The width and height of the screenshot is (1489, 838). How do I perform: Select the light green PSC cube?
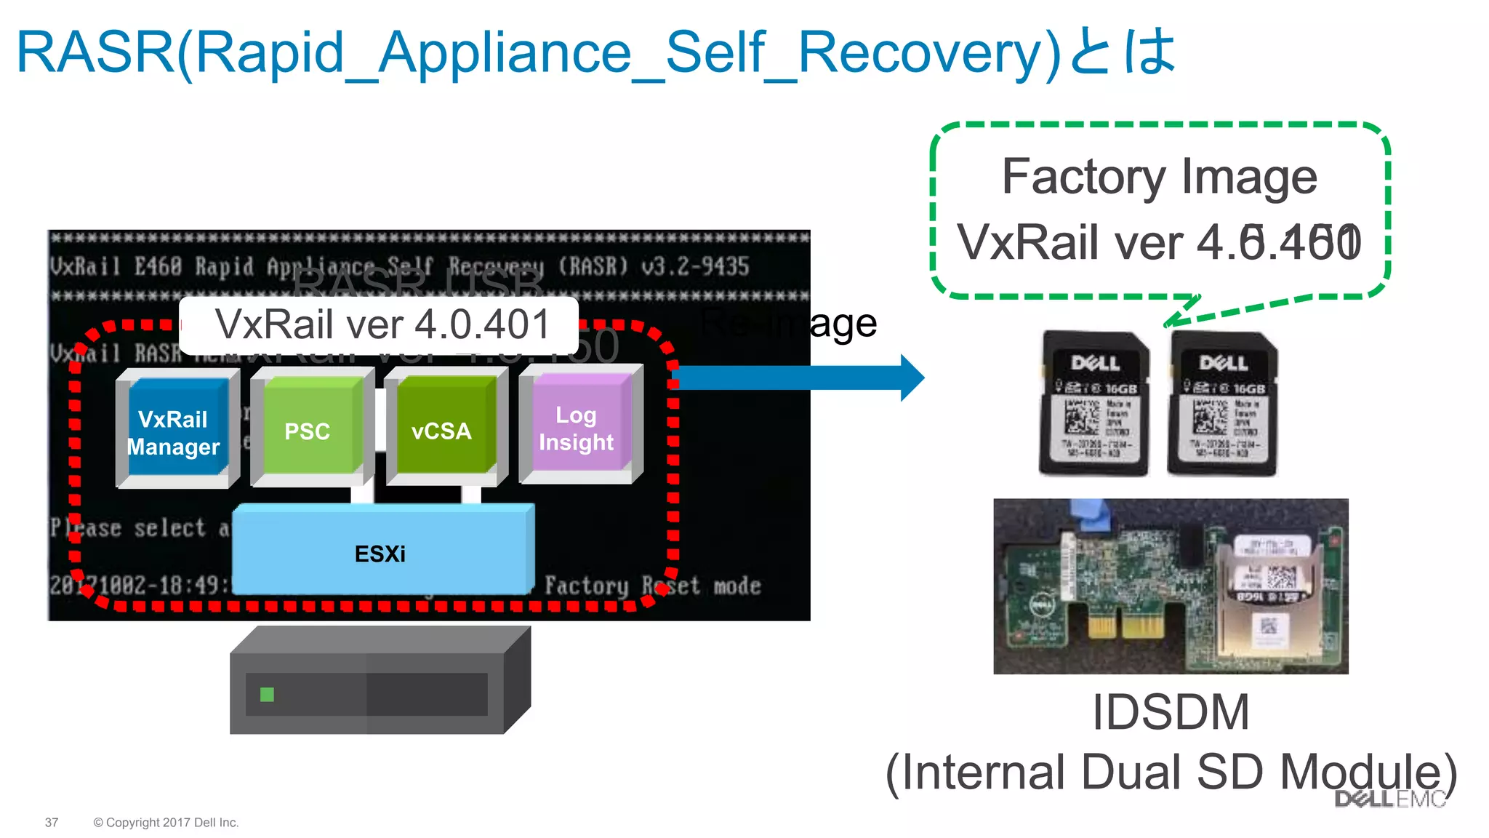pos(308,429)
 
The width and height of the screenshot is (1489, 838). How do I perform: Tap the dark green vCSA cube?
pos(442,429)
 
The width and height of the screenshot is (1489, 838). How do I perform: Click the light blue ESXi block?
pos(382,553)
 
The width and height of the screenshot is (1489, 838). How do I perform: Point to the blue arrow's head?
pos(912,378)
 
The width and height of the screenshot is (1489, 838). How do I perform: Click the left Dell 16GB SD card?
pos(1093,404)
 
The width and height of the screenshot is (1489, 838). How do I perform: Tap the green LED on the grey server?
pos(267,695)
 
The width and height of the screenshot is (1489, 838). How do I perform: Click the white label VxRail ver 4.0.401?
pos(381,324)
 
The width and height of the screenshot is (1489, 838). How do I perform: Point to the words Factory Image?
pos(1159,177)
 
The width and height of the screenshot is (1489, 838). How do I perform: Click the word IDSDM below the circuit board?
pos(1170,712)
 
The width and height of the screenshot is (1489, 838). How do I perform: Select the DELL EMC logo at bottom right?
pos(1389,799)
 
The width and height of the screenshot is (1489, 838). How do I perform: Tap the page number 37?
pos(52,823)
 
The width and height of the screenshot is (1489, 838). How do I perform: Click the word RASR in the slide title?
pos(95,52)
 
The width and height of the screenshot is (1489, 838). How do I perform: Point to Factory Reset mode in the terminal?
pos(652,586)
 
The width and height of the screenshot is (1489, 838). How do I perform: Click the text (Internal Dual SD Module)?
pos(1171,773)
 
